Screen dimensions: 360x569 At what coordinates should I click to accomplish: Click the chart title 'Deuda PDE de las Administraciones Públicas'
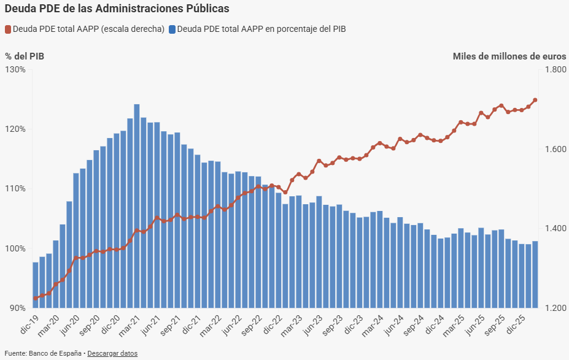coord(117,9)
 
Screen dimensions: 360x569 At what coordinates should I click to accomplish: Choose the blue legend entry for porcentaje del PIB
coord(257,29)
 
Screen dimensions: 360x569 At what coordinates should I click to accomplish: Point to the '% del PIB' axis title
coord(25,56)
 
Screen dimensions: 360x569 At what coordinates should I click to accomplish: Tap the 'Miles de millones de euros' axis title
coord(509,56)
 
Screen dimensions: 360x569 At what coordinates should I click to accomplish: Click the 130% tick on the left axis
coord(15,69)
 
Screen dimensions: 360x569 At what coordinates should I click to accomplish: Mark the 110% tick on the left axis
coord(15,188)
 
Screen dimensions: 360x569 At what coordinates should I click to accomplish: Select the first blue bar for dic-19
coord(36,285)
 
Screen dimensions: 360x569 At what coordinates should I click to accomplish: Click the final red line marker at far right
coord(535,100)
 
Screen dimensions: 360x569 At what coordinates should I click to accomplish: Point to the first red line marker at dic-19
coord(36,298)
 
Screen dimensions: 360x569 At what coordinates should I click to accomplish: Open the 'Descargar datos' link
coord(112,353)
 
